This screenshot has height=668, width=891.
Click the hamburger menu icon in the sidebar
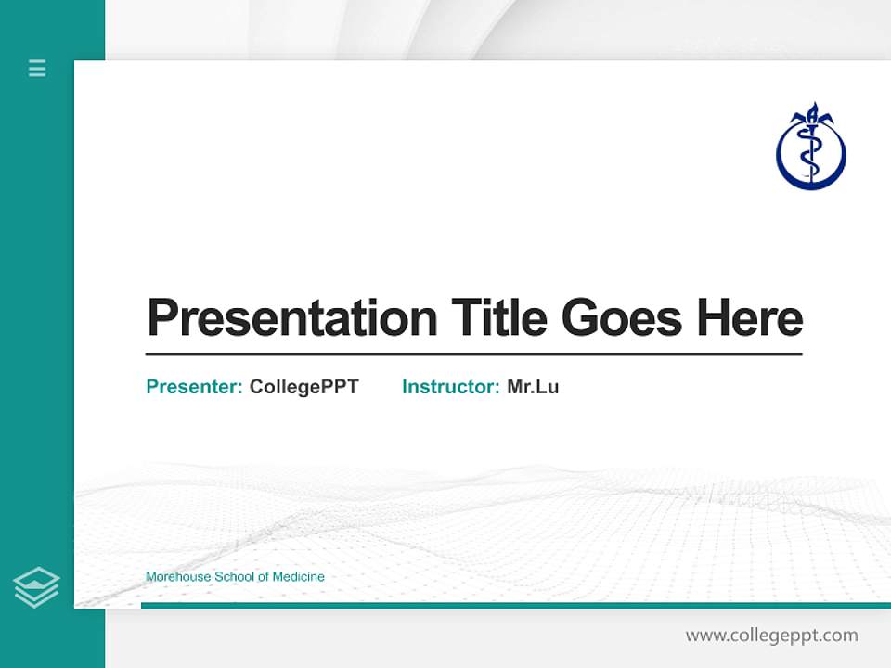click(x=37, y=68)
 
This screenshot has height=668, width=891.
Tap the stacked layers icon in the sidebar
click(x=36, y=587)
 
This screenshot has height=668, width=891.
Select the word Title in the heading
click(x=498, y=318)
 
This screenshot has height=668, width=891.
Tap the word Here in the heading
click(x=749, y=318)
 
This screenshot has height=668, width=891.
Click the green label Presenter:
click(x=194, y=387)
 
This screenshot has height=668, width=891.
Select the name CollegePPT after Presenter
click(x=303, y=387)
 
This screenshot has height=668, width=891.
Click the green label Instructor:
click(x=450, y=387)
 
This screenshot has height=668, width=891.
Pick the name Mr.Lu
click(x=533, y=387)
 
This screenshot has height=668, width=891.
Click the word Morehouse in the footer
click(x=178, y=577)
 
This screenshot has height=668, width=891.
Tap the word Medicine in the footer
click(x=298, y=577)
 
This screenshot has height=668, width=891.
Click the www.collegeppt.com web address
click(x=771, y=636)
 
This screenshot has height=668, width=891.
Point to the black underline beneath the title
click(x=473, y=354)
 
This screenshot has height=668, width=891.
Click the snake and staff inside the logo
click(x=811, y=153)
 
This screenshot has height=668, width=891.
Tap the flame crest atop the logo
click(x=811, y=115)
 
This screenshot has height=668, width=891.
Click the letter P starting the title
click(x=161, y=318)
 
